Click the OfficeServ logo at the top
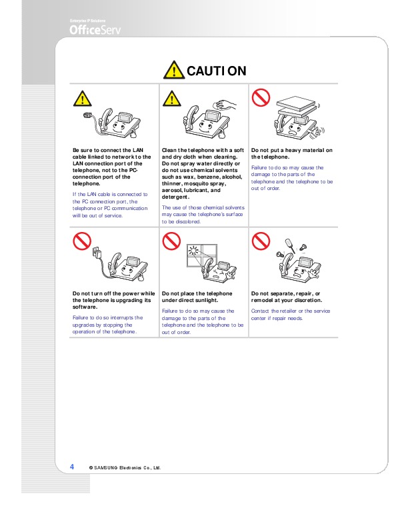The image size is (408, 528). coord(95,30)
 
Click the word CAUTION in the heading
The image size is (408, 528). coord(217,71)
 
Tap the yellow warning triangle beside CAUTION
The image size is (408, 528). coord(174,70)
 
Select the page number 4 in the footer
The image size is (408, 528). coord(72,467)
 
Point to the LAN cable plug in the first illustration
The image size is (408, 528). coord(88,115)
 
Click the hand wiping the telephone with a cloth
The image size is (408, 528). coord(226,105)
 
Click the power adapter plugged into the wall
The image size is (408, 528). coord(97,253)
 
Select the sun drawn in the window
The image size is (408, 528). coord(193,251)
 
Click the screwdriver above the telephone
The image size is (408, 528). coord(290,245)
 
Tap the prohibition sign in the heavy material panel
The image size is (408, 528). coord(261,97)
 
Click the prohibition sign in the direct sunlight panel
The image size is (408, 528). coord(171,241)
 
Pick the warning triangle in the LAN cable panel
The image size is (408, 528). coord(82,98)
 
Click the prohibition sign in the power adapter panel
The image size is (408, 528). coord(82,241)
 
